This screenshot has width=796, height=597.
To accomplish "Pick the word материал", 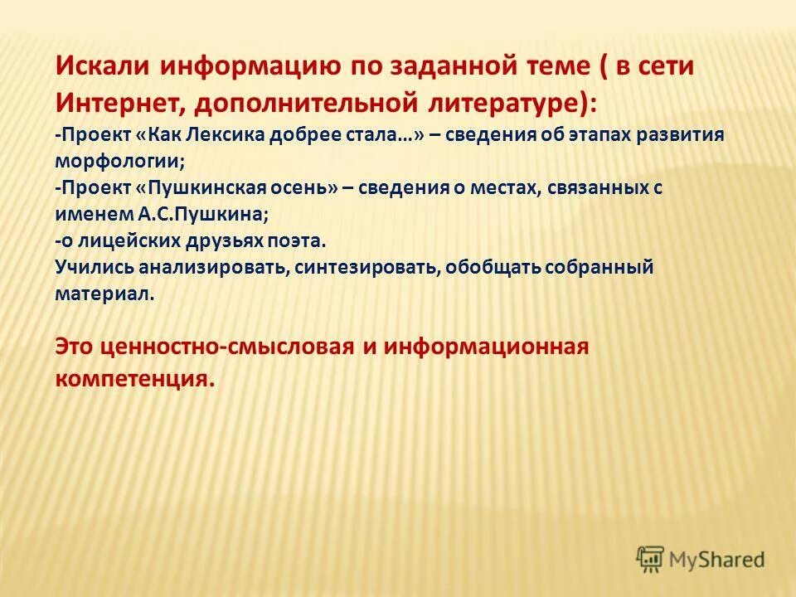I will pos(104,294).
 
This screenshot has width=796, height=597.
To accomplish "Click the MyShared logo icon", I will pos(650,559).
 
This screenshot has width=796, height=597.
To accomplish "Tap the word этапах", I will pos(595,135).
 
